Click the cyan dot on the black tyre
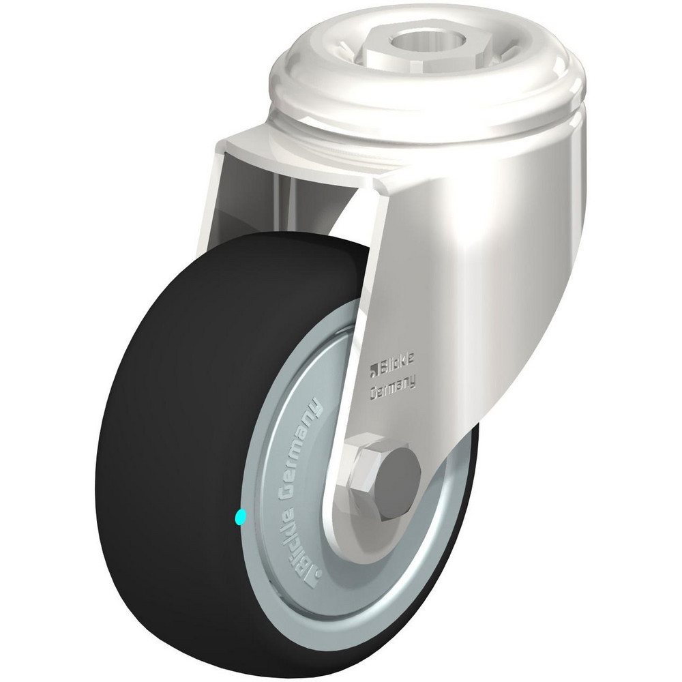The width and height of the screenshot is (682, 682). [x=238, y=518]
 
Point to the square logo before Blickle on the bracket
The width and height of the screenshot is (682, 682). [x=373, y=370]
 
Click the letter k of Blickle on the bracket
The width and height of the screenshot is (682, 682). [x=404, y=370]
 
